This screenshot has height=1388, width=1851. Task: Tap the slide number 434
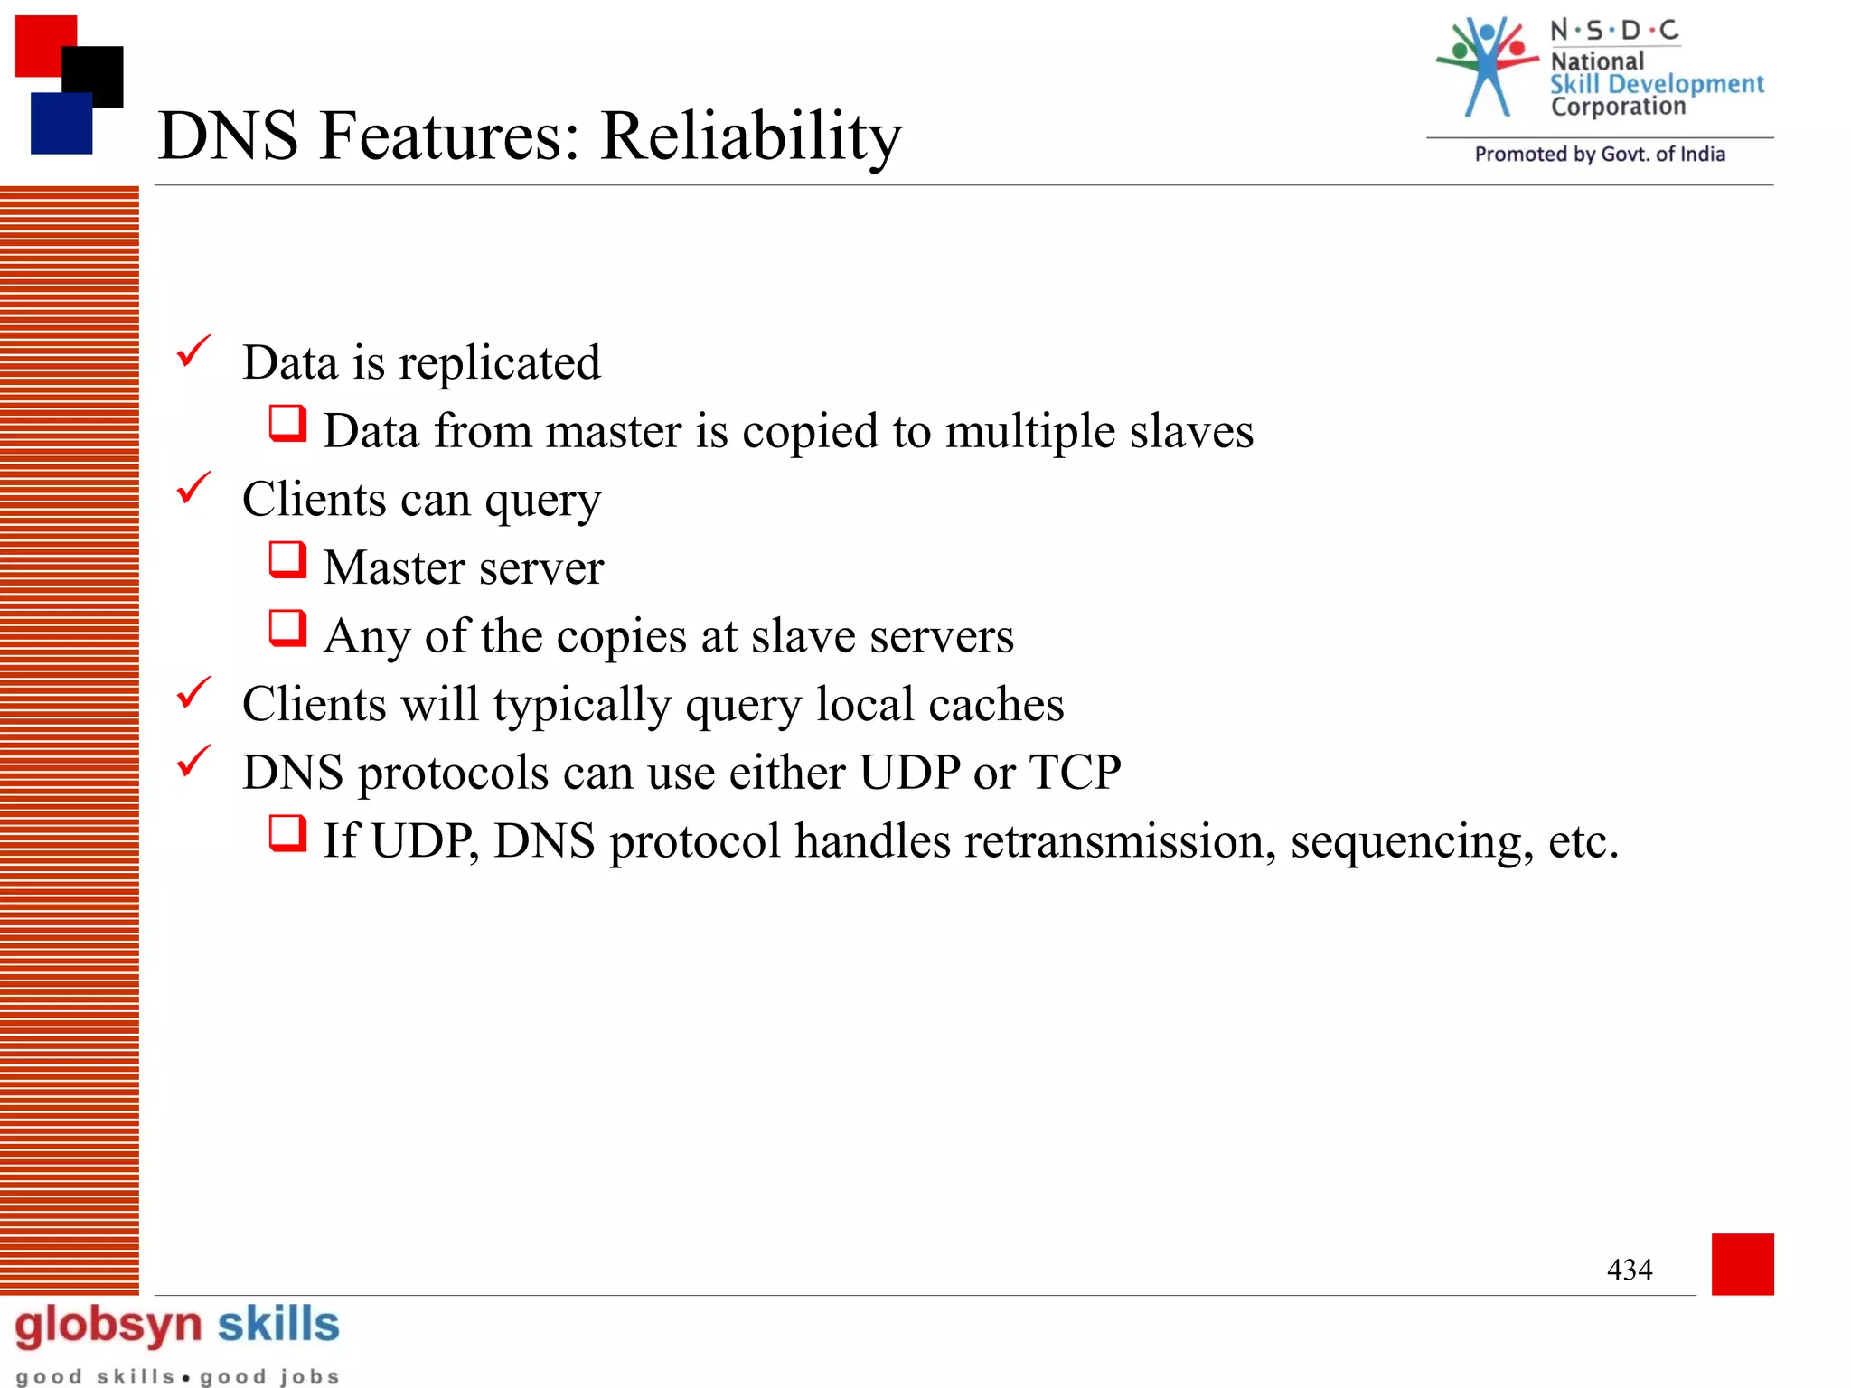click(1629, 1270)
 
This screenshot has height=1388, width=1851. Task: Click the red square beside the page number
click(1742, 1263)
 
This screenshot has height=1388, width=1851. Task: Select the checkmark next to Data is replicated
click(193, 352)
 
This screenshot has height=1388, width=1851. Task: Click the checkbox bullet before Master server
click(287, 559)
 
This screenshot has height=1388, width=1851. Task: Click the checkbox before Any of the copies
click(287, 628)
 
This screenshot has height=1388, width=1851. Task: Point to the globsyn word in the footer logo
click(108, 1326)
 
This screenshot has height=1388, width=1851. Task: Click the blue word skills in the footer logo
click(278, 1324)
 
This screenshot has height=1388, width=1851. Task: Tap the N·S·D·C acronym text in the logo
click(1614, 31)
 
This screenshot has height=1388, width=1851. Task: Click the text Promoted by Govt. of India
click(1600, 155)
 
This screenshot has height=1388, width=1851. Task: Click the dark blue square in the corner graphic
click(61, 124)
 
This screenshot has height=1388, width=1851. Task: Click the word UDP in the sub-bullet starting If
click(421, 842)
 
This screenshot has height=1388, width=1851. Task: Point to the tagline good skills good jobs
click(178, 1376)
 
